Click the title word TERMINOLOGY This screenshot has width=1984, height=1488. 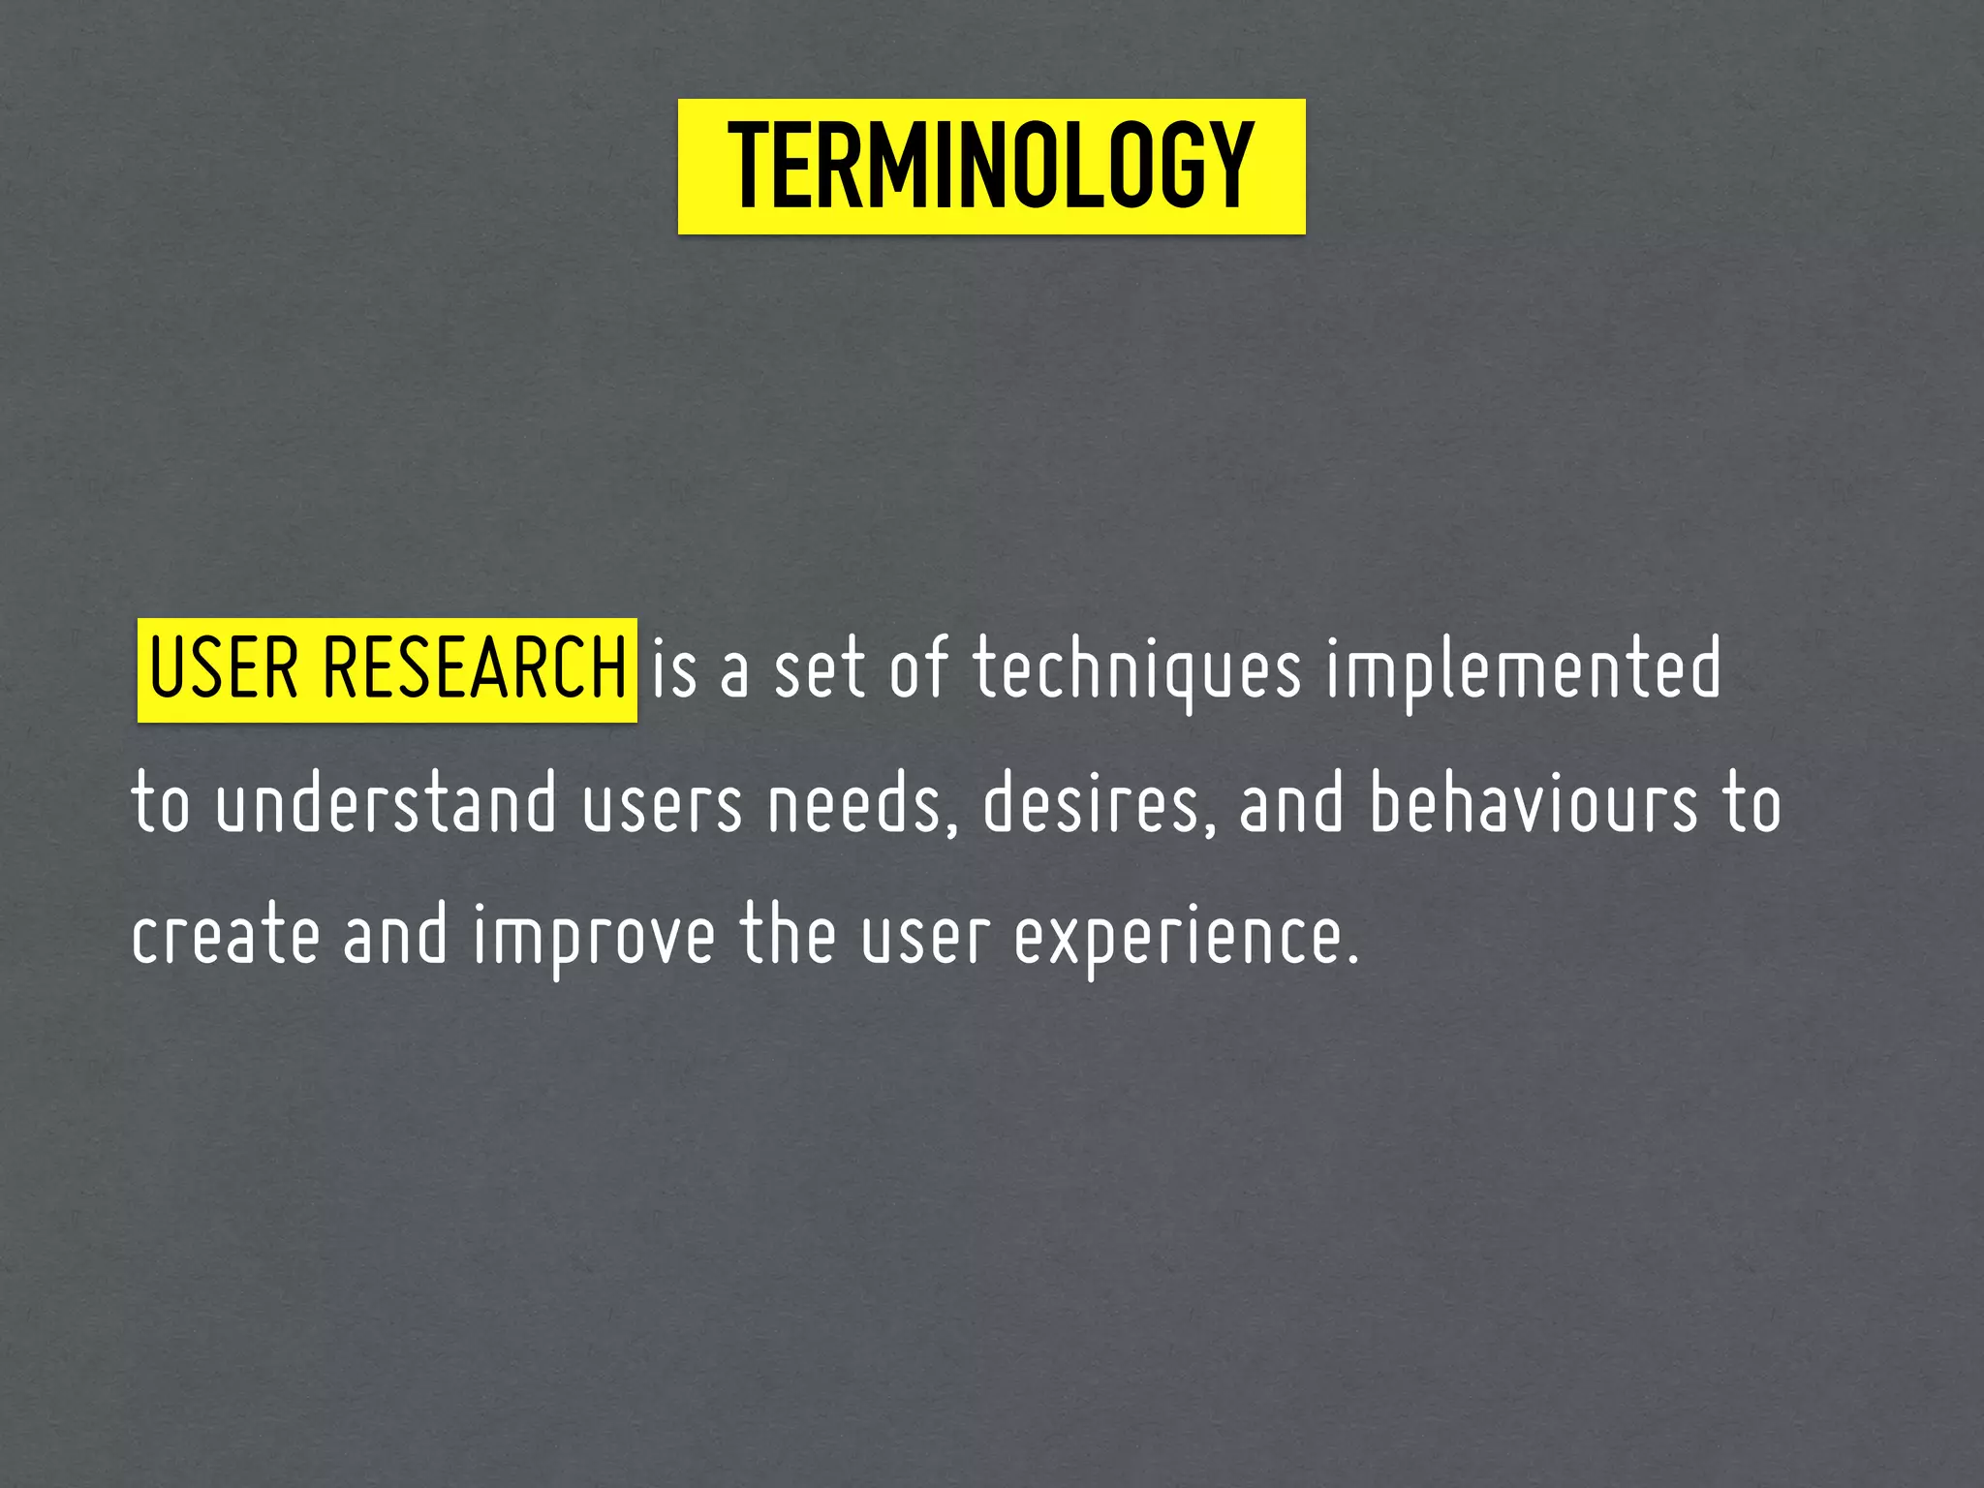click(991, 167)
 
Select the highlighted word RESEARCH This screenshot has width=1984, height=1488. click(475, 668)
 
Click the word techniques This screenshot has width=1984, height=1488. click(1137, 670)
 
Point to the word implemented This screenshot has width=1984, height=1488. click(1523, 670)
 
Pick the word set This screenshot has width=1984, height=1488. click(819, 670)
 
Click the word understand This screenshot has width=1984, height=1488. click(387, 803)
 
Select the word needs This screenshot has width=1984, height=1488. click(852, 803)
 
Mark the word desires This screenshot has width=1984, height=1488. click(1092, 803)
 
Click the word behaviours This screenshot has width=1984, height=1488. click(1534, 803)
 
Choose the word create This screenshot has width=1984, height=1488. click(226, 936)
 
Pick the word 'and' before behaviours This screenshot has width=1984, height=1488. click(1291, 803)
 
